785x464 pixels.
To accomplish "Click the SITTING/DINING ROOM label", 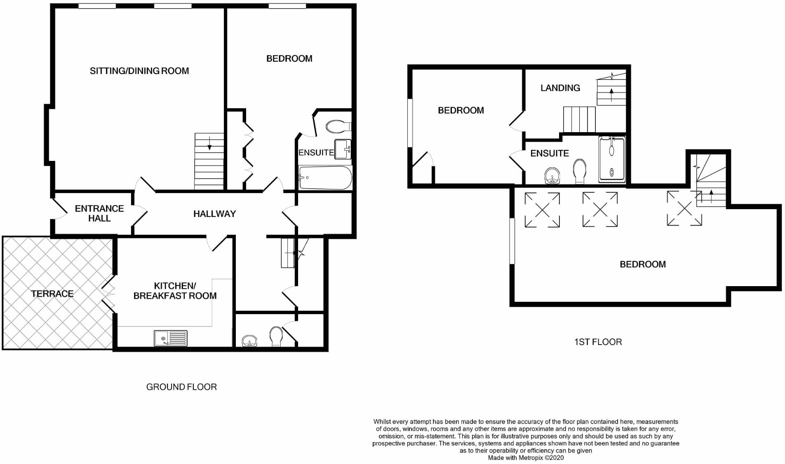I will pos(139,71).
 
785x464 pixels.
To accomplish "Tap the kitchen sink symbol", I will pos(170,338).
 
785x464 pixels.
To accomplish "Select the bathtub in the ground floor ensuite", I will pos(325,178).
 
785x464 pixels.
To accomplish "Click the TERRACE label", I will pos(52,294).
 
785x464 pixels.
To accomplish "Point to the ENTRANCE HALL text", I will pos(99,213).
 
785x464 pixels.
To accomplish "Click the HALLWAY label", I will pos(214,214).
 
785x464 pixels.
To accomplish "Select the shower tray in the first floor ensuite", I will pos(612,159).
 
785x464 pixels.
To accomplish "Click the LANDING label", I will pos(560,88).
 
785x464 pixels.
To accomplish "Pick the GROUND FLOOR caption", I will pos(181,387).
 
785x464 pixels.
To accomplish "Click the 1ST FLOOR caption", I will pos(598,342).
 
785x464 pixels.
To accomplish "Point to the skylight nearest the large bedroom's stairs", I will pos(684,208).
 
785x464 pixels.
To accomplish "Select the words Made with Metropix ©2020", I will pos(526,458).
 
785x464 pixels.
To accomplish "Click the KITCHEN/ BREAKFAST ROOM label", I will pos(175,291).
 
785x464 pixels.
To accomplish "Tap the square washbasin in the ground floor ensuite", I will pos(342,149).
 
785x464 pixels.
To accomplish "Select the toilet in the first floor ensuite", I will pos(580,172).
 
